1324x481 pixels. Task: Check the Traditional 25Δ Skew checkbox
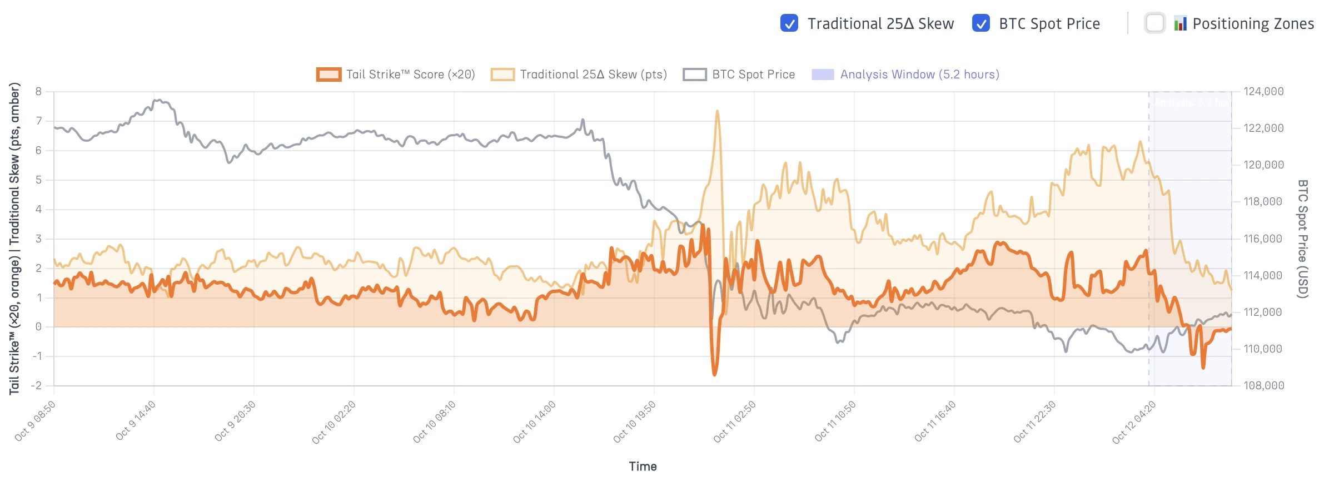(789, 23)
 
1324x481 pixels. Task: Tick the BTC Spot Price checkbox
(980, 23)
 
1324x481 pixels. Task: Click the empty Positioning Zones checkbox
(1154, 23)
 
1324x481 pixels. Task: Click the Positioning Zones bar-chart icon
(1180, 23)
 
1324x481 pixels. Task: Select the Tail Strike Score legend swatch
(328, 75)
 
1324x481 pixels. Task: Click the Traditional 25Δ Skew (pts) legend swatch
(502, 75)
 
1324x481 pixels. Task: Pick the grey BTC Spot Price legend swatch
(695, 75)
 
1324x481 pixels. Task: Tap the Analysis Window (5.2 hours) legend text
(919, 75)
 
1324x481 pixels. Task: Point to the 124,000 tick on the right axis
(1263, 91)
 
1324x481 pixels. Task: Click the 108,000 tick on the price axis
(1263, 385)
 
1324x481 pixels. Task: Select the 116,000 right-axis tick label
(1263, 239)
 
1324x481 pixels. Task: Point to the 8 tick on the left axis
(38, 91)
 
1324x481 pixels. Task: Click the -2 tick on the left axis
(37, 385)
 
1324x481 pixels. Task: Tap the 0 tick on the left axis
(38, 326)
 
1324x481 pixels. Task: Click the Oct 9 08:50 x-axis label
(35, 422)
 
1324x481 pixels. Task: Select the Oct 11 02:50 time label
(734, 422)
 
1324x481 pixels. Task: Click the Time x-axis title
(643, 467)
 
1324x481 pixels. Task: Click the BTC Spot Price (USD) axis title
(1302, 239)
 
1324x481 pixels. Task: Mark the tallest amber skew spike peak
(717, 111)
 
